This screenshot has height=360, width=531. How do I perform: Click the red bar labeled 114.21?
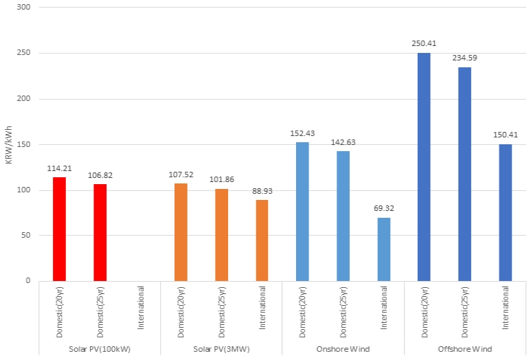[59, 229]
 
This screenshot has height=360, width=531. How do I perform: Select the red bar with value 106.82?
[100, 232]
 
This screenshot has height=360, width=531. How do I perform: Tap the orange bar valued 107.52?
[181, 232]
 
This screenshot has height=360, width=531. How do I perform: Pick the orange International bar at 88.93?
[262, 240]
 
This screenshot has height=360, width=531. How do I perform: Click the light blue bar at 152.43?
[302, 212]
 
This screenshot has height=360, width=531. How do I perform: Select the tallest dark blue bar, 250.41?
[424, 167]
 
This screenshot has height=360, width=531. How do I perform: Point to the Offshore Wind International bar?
[506, 212]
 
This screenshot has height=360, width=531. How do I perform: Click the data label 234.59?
[464, 58]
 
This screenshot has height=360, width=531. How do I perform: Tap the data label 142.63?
[343, 142]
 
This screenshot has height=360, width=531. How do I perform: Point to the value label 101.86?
[221, 179]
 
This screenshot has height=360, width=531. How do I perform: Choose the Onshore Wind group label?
[343, 349]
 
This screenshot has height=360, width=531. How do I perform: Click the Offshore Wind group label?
[465, 349]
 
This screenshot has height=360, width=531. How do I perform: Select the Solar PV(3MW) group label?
[221, 349]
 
